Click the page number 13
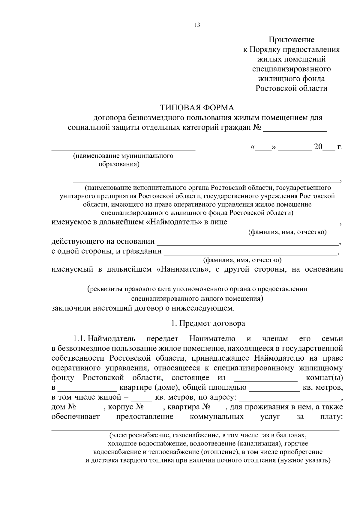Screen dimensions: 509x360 tap(197, 25)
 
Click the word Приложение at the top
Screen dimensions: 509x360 tap(291, 40)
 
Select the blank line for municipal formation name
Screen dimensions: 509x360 tap(123, 148)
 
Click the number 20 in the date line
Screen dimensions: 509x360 tap(318, 147)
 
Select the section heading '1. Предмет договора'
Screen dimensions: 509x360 tap(208, 323)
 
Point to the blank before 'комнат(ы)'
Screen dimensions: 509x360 tap(265, 378)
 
